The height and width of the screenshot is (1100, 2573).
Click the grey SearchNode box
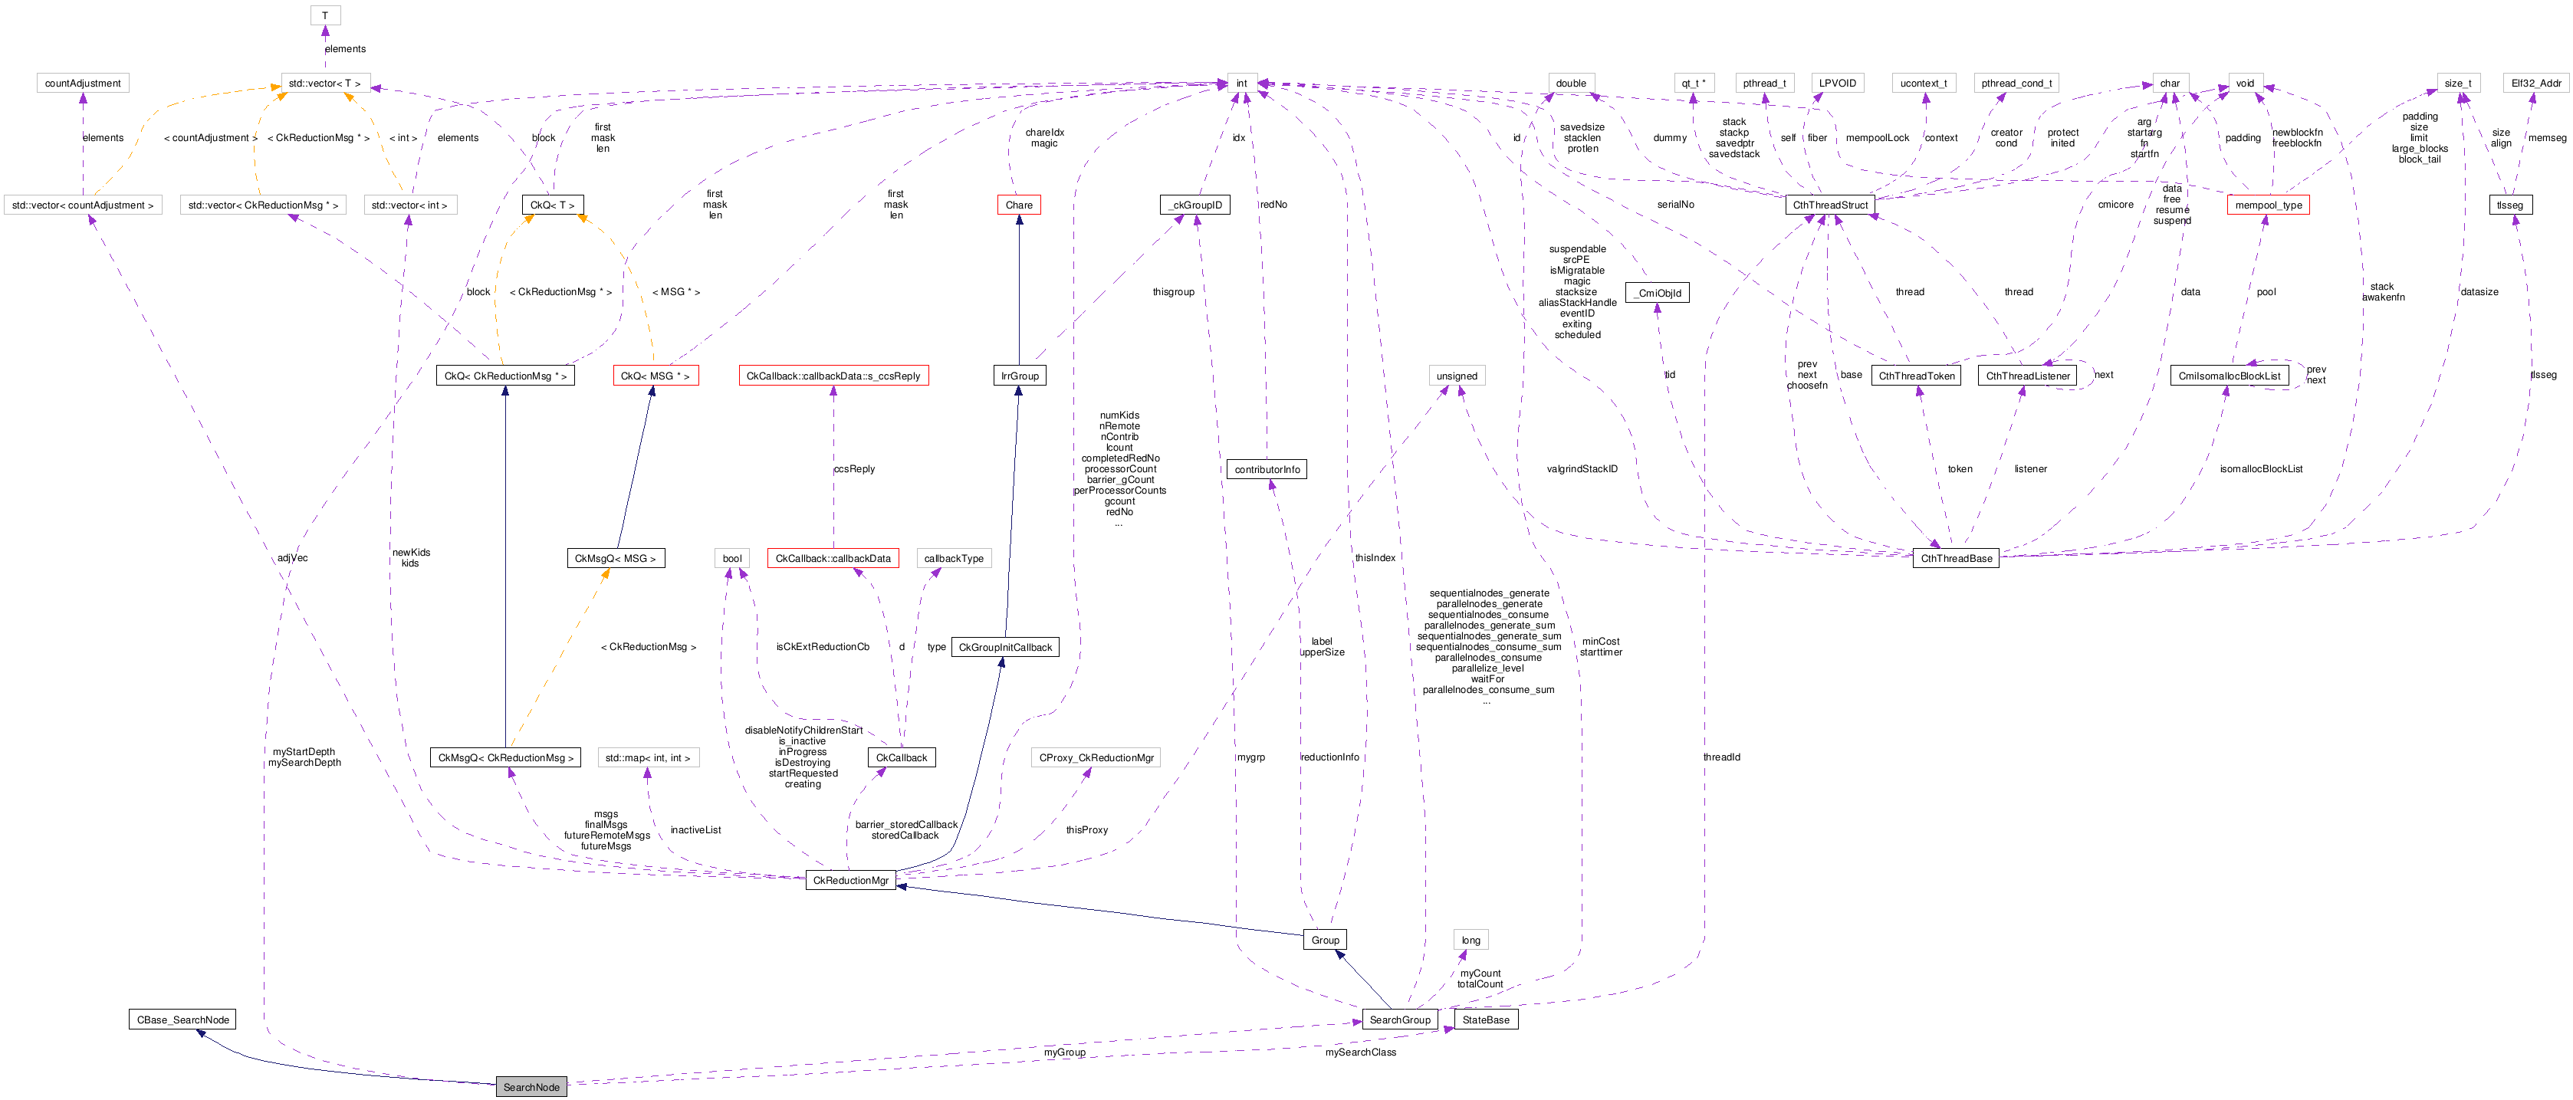(x=531, y=1087)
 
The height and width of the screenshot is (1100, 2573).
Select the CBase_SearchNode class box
(x=182, y=1020)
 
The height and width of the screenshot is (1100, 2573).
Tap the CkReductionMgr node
(x=850, y=880)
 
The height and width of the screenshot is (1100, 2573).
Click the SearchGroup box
(x=1399, y=1020)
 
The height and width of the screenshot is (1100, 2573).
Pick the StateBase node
(x=1485, y=1020)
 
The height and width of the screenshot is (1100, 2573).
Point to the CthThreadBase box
(x=1956, y=559)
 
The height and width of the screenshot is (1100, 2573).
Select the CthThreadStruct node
(x=1830, y=205)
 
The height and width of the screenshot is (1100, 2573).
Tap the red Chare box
(x=1019, y=205)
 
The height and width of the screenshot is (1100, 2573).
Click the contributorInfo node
(x=1267, y=470)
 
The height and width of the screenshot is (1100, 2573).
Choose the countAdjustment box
(x=83, y=83)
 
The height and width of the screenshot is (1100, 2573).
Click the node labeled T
(x=324, y=15)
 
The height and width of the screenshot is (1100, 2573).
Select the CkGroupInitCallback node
(x=1005, y=648)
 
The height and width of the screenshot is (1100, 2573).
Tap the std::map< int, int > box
(x=647, y=758)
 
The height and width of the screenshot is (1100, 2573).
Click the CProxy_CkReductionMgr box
(x=1096, y=758)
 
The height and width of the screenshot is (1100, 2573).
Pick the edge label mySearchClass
(x=1360, y=1052)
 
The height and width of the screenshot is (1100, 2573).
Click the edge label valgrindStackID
(x=1582, y=468)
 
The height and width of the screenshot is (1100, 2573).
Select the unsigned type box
(x=1456, y=376)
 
